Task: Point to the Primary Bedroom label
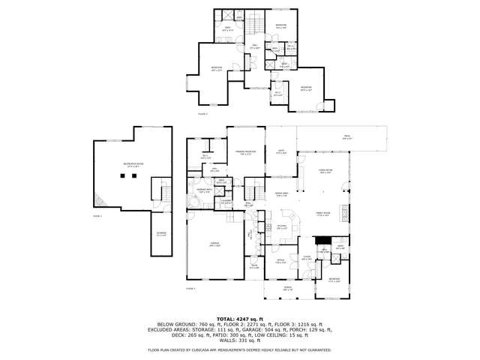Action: click(246, 152)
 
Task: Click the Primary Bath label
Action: click(205, 191)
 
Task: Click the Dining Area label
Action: click(281, 193)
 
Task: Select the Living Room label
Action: click(325, 171)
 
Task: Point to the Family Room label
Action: click(322, 214)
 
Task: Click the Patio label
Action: click(346, 138)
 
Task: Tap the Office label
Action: click(279, 262)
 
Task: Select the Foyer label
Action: click(307, 259)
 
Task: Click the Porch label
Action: click(287, 289)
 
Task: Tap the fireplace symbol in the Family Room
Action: click(346, 211)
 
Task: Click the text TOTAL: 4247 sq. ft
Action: click(240, 319)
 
